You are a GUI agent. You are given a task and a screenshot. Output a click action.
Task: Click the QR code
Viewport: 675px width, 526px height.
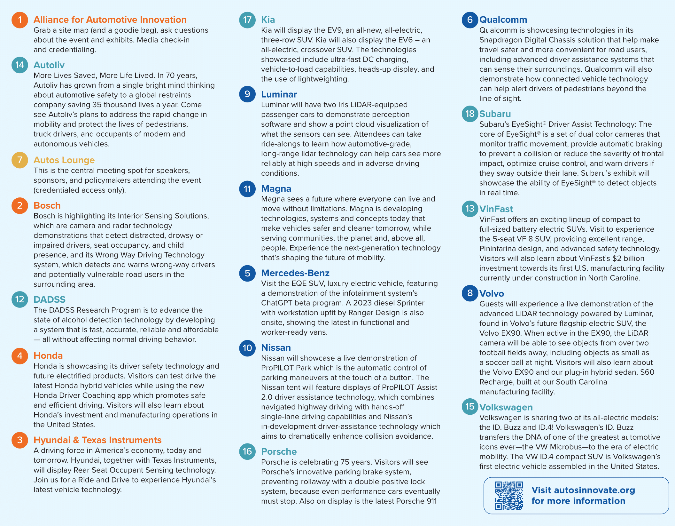[x=509, y=496]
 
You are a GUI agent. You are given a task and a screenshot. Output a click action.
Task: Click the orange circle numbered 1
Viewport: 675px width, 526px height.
[x=20, y=20]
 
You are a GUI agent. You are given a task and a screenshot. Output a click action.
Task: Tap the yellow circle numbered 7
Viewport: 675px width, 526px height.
[x=20, y=160]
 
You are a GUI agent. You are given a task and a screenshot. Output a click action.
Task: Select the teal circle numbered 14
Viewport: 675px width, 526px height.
[x=20, y=65]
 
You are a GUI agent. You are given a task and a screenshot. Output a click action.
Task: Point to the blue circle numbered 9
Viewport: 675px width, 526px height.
[x=247, y=94]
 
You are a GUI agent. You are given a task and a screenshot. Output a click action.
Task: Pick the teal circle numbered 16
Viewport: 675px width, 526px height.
[x=247, y=451]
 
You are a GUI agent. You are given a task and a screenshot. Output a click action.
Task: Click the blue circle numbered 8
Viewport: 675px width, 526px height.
[x=470, y=293]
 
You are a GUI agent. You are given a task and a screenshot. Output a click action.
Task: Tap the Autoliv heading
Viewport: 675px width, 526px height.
[x=49, y=65]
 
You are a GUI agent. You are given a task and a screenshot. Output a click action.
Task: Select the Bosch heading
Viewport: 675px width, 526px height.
[x=47, y=205]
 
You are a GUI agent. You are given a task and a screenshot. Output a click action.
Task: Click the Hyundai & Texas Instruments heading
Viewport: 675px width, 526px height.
[x=97, y=440]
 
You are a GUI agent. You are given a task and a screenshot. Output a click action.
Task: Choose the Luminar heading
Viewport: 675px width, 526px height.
[x=279, y=94]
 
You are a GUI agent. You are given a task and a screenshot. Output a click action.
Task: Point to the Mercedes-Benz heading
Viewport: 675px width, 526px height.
[x=295, y=273]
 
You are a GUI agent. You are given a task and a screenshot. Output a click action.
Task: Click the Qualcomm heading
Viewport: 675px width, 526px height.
[x=503, y=20]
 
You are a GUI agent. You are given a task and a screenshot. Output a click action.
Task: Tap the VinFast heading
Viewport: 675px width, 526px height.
[x=496, y=209]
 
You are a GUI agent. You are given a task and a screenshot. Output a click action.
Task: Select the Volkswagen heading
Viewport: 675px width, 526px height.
[x=506, y=407]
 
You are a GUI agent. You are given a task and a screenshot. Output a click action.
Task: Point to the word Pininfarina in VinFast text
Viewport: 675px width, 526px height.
[x=499, y=249]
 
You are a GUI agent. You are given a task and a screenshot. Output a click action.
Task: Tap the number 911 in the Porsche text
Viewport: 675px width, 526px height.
[x=431, y=501]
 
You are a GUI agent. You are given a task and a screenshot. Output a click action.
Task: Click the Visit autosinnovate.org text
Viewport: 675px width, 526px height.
[x=583, y=490]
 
